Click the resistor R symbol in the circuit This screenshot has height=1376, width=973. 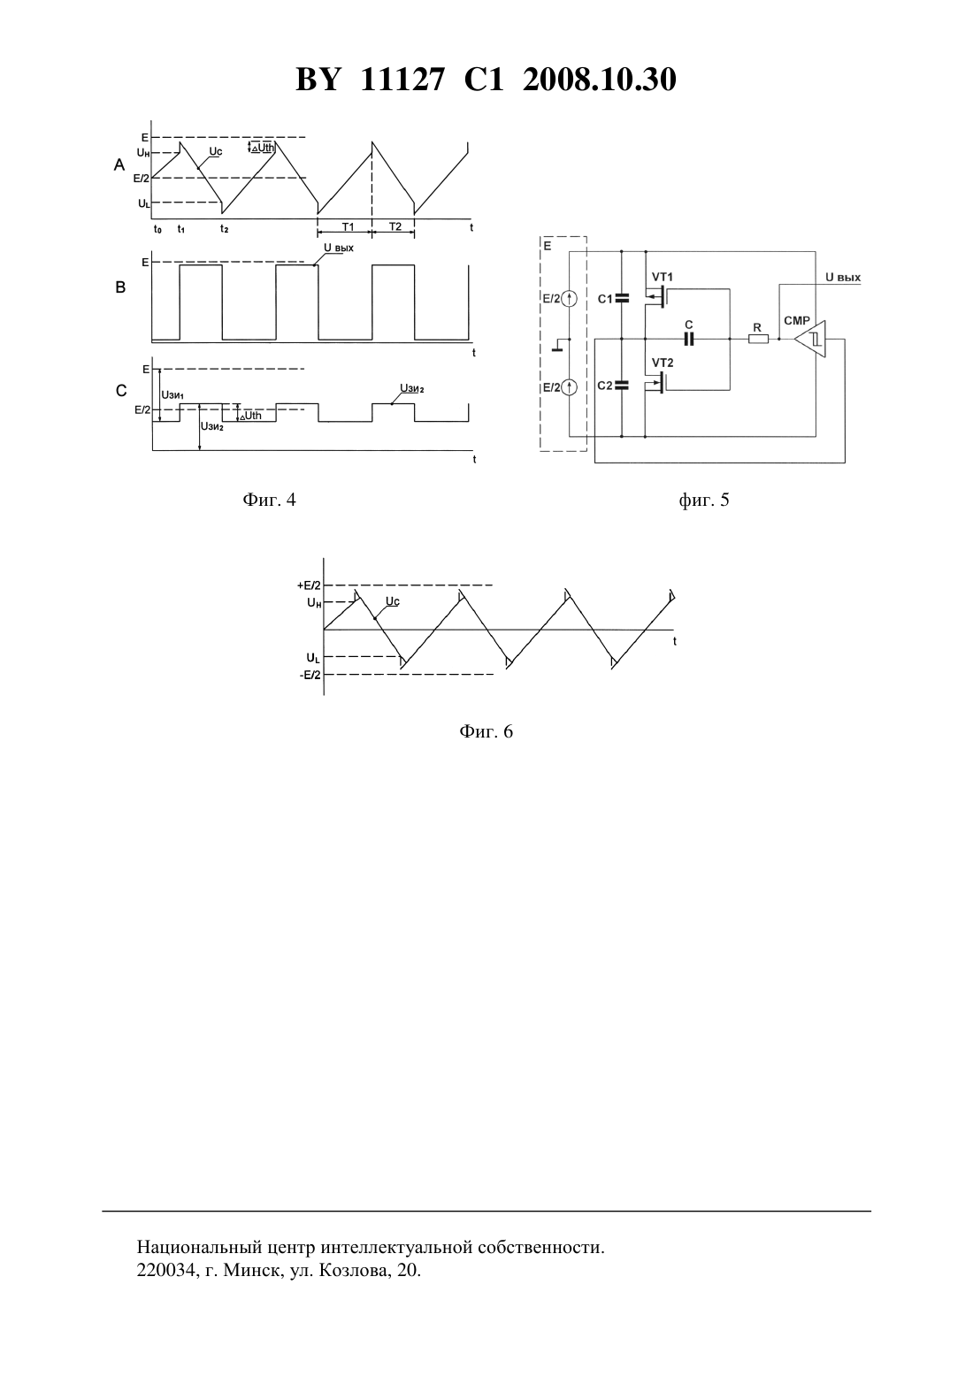[x=758, y=339]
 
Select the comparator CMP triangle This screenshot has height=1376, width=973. [x=810, y=339]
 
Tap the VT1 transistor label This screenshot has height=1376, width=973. [x=663, y=277]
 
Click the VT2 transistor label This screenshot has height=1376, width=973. [x=663, y=363]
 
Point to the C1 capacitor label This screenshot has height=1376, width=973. [x=605, y=299]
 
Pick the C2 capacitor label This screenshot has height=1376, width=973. [x=605, y=386]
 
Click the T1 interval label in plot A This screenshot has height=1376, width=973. [x=348, y=226]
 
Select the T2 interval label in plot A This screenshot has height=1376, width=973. [x=395, y=226]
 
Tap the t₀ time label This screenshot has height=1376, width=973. [x=157, y=229]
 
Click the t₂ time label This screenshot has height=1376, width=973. [x=224, y=229]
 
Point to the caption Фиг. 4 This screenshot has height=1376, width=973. [x=269, y=500]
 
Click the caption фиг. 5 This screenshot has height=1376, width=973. [x=704, y=500]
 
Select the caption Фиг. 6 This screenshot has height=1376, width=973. [x=486, y=731]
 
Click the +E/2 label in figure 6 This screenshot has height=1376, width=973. [x=309, y=585]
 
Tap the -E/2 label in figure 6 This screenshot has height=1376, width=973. [x=310, y=675]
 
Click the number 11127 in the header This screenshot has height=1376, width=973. [x=402, y=80]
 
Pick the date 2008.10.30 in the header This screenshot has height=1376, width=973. [x=600, y=80]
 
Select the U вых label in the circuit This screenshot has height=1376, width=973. [x=843, y=277]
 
